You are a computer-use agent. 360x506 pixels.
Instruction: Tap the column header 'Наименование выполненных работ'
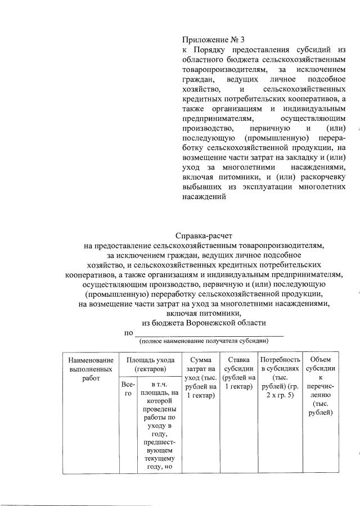(91, 369)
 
